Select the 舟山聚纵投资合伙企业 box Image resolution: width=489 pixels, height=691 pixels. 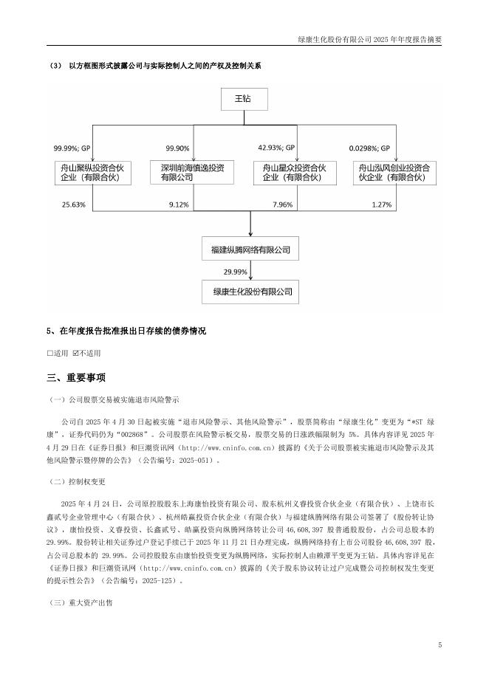[92, 173]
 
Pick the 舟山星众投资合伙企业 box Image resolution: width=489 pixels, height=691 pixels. [293, 173]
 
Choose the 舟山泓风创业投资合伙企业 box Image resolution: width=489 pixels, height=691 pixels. [395, 173]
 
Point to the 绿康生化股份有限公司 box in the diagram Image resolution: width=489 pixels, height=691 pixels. [251, 292]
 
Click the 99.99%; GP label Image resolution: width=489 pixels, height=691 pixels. [72, 148]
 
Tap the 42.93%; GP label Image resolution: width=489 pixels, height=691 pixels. [276, 148]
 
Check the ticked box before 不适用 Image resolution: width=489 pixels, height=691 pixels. [75, 353]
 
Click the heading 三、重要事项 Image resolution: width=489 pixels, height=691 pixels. [76, 378]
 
